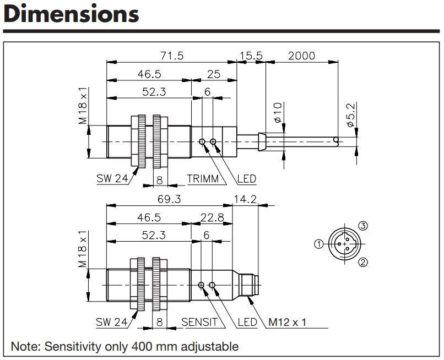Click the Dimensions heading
point(72,14)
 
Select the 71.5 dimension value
point(172,56)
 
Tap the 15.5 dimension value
point(251,56)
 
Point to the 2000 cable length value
point(301,56)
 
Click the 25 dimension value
point(214,74)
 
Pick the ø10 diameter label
point(278,112)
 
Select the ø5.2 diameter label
point(350,115)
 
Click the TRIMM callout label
point(203,178)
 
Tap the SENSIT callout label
point(199,322)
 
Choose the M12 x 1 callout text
point(287,322)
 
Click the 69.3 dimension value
point(169,199)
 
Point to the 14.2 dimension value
point(245,199)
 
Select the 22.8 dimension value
point(212,217)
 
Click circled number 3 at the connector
point(363,226)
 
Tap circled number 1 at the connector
point(319,244)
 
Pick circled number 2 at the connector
point(363,262)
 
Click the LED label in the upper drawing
point(246,178)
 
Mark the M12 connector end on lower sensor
point(249,285)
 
